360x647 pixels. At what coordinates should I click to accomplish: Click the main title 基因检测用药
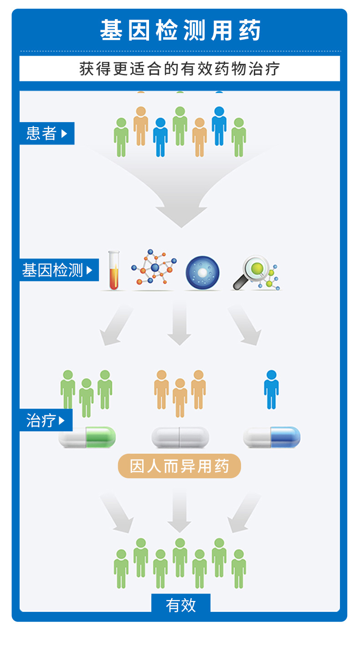[180, 31]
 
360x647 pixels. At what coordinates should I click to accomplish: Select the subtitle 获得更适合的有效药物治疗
[180, 69]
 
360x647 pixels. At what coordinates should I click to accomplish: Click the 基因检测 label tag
[59, 270]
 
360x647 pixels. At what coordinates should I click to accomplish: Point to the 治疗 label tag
[46, 420]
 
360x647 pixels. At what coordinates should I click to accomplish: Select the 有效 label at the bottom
[180, 605]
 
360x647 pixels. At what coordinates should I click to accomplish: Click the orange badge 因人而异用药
[179, 466]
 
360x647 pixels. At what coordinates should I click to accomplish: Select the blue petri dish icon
[202, 273]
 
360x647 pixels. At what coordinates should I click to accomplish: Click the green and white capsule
[87, 437]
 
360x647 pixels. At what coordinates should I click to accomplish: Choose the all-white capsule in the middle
[180, 437]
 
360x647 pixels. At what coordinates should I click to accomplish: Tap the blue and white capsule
[272, 437]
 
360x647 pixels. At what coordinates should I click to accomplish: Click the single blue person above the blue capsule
[271, 389]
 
